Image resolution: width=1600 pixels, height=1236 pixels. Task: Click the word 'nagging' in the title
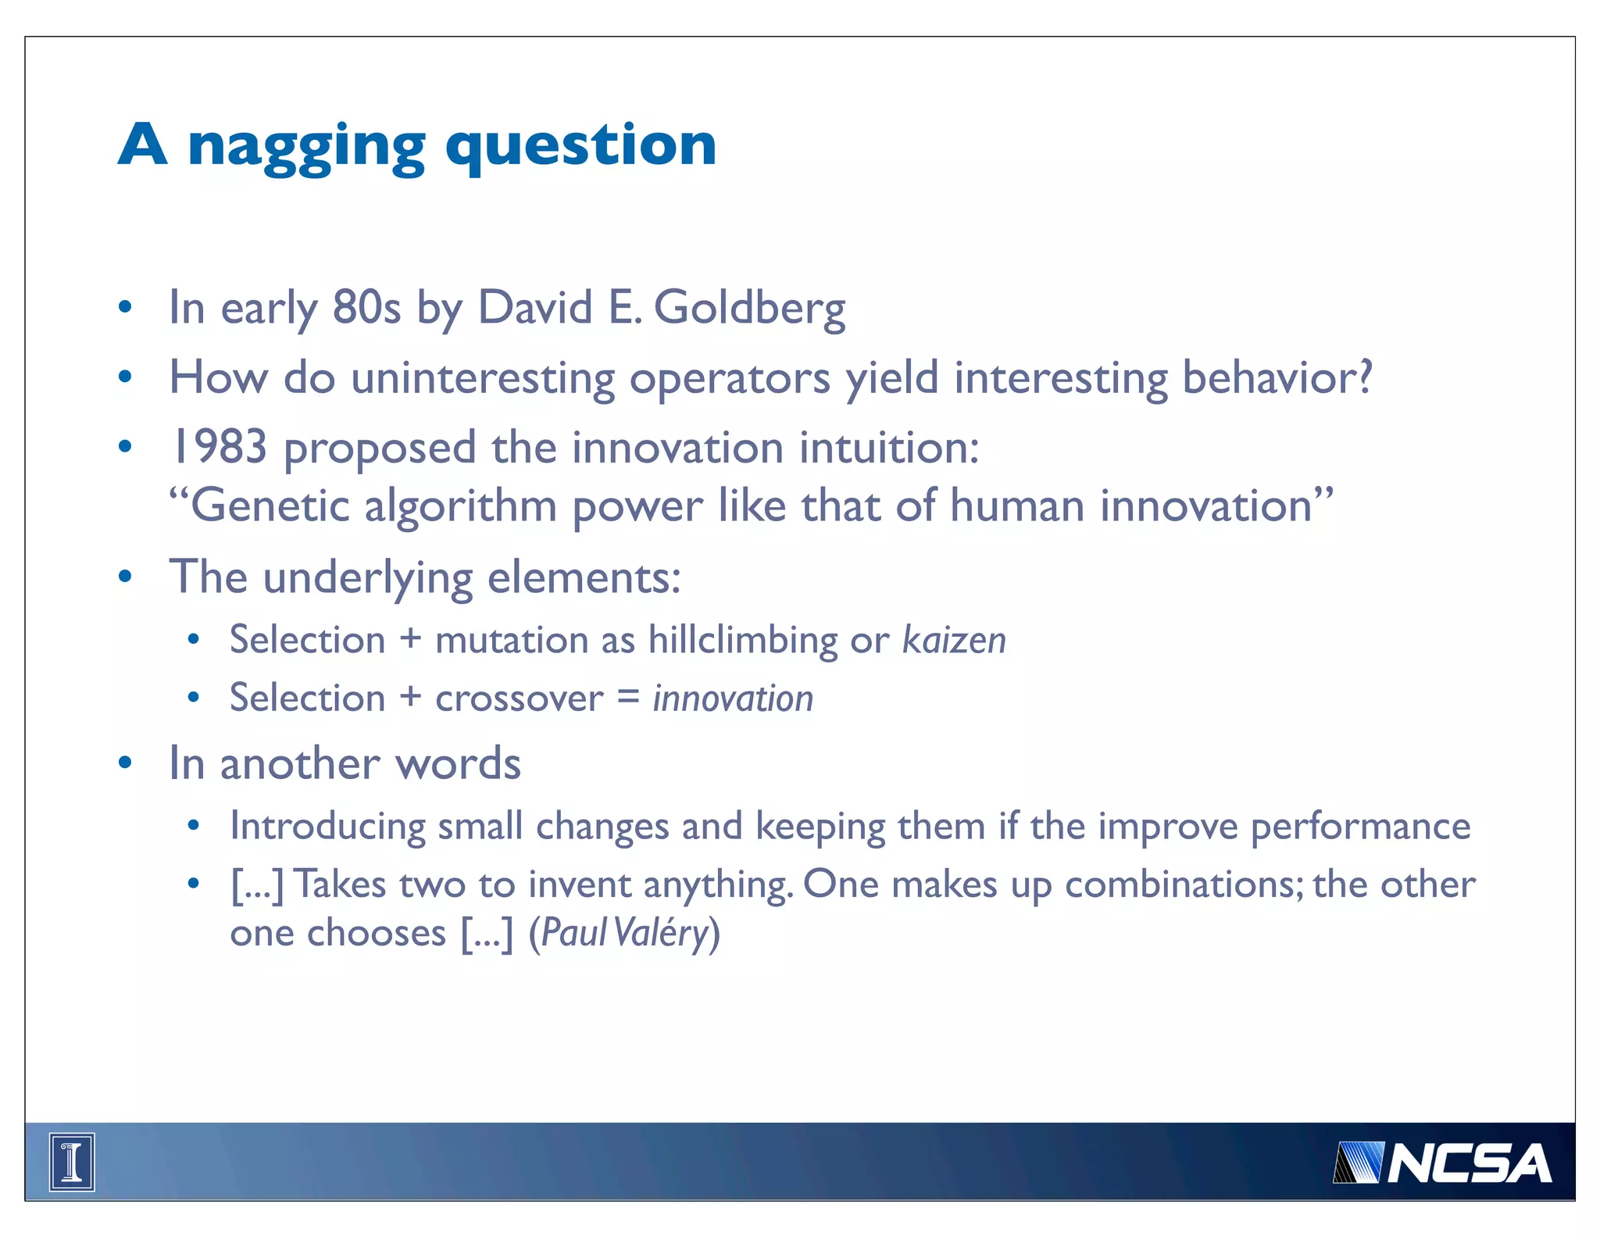pyautogui.click(x=306, y=147)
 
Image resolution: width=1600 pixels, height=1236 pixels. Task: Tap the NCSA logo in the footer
pyautogui.click(x=1442, y=1163)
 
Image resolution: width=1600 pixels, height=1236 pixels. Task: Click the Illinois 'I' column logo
pyautogui.click(x=72, y=1162)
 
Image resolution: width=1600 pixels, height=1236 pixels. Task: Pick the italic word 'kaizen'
pyautogui.click(x=954, y=640)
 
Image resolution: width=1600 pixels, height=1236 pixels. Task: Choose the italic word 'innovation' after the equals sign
pyautogui.click(x=733, y=698)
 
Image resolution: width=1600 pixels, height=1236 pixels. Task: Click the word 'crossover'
pyautogui.click(x=519, y=698)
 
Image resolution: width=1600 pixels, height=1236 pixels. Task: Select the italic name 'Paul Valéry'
pyautogui.click(x=624, y=932)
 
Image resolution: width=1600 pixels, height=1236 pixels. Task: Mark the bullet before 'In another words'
pyautogui.click(x=125, y=763)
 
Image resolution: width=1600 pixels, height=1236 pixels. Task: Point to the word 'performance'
pyautogui.click(x=1360, y=826)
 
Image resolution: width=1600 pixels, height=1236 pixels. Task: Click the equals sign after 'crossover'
pyautogui.click(x=628, y=696)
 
